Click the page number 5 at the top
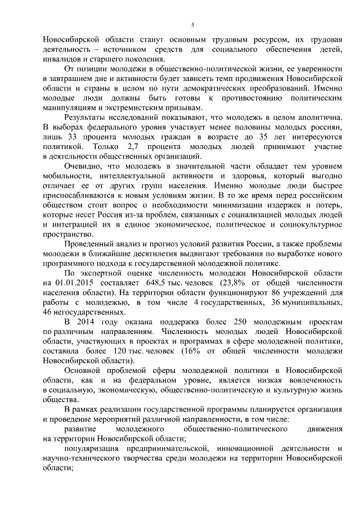point(192,25)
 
